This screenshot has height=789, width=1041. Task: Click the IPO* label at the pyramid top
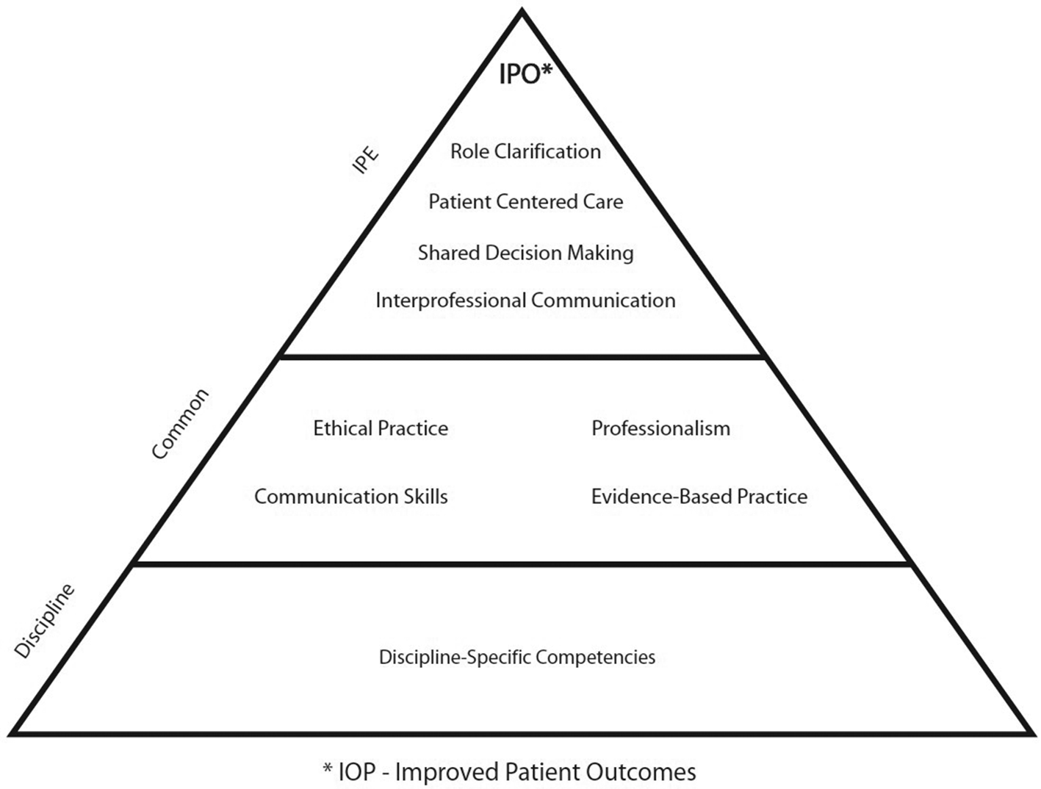pos(525,74)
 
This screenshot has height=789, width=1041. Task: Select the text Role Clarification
pos(525,151)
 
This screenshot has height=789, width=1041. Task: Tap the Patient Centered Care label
pos(525,201)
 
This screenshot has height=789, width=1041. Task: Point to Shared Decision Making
pos(525,253)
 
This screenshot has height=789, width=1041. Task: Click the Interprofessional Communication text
pos(525,300)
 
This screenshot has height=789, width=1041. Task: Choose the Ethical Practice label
pos(381,428)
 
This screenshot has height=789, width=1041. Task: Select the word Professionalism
pos(660,428)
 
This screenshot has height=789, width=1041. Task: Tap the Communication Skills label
pos(350,497)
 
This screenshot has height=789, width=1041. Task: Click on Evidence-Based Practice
pos(699,497)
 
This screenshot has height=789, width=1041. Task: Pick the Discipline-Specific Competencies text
pos(517,657)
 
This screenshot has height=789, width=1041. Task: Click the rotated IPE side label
pos(366,159)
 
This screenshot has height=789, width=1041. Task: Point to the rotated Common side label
pos(180,424)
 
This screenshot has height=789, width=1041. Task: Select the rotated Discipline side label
pos(45,621)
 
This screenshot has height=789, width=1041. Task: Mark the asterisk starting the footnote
pos(328,768)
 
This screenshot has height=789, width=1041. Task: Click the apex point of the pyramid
pos(522,10)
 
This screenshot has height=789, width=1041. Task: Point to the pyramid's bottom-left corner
pos(12,732)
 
